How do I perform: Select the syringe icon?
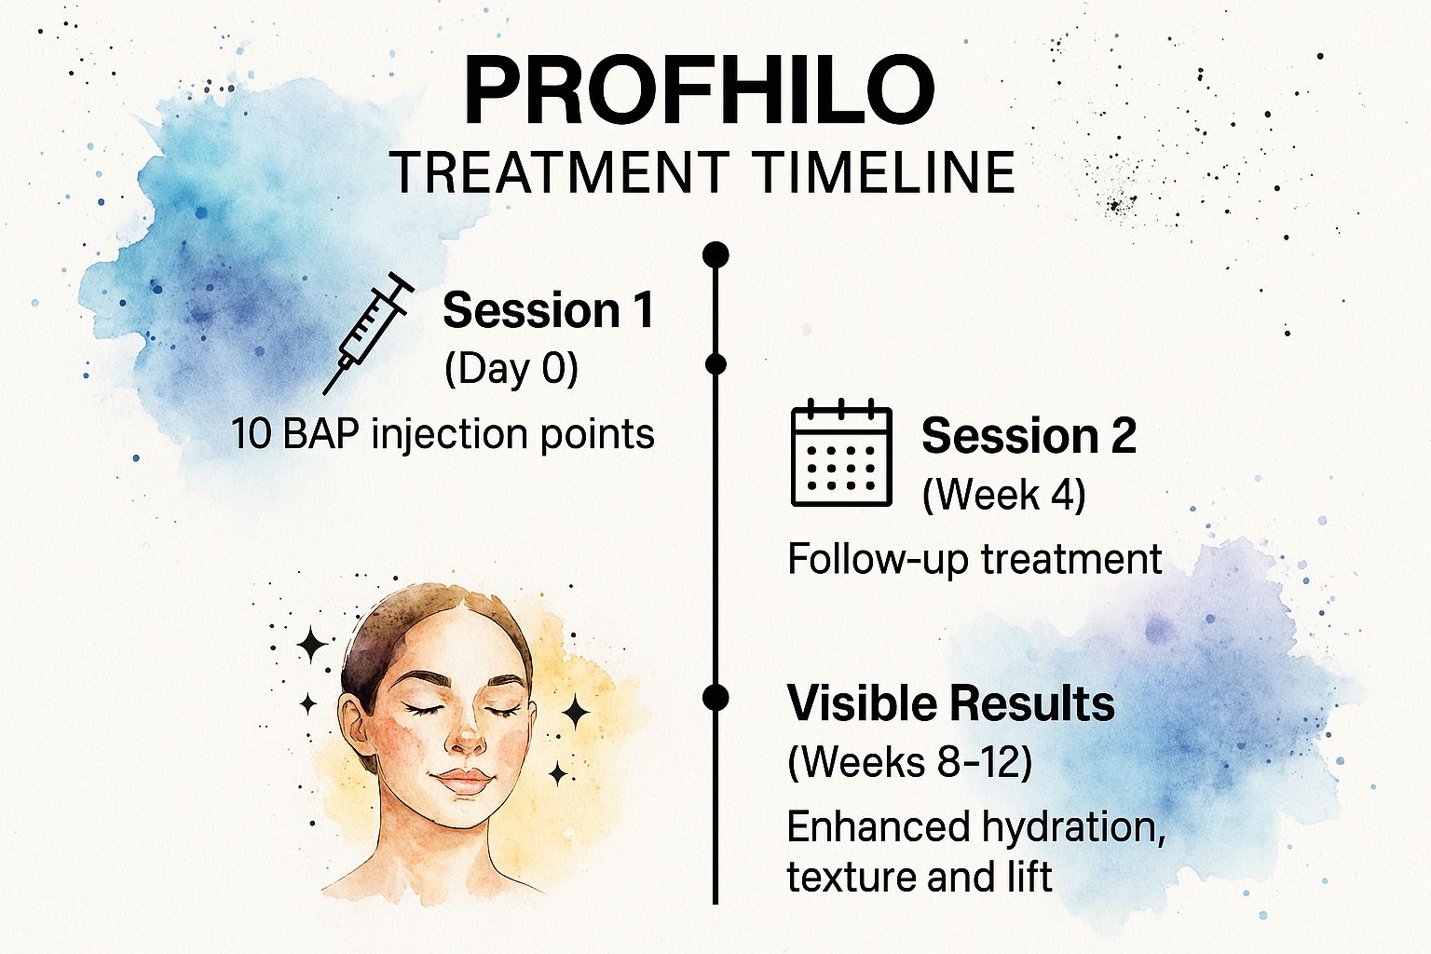pos(368,333)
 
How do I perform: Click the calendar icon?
pos(841,453)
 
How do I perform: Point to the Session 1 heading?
pos(548,310)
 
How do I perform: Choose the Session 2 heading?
pos(1029,436)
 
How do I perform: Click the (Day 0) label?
pos(511,369)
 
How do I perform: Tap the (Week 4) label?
pos(1003,494)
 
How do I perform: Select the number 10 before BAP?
pos(252,434)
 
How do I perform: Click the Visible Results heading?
pos(950,702)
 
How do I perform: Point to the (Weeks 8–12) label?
pos(909,762)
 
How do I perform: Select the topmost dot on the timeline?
pos(715,254)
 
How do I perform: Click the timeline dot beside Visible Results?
pos(715,697)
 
